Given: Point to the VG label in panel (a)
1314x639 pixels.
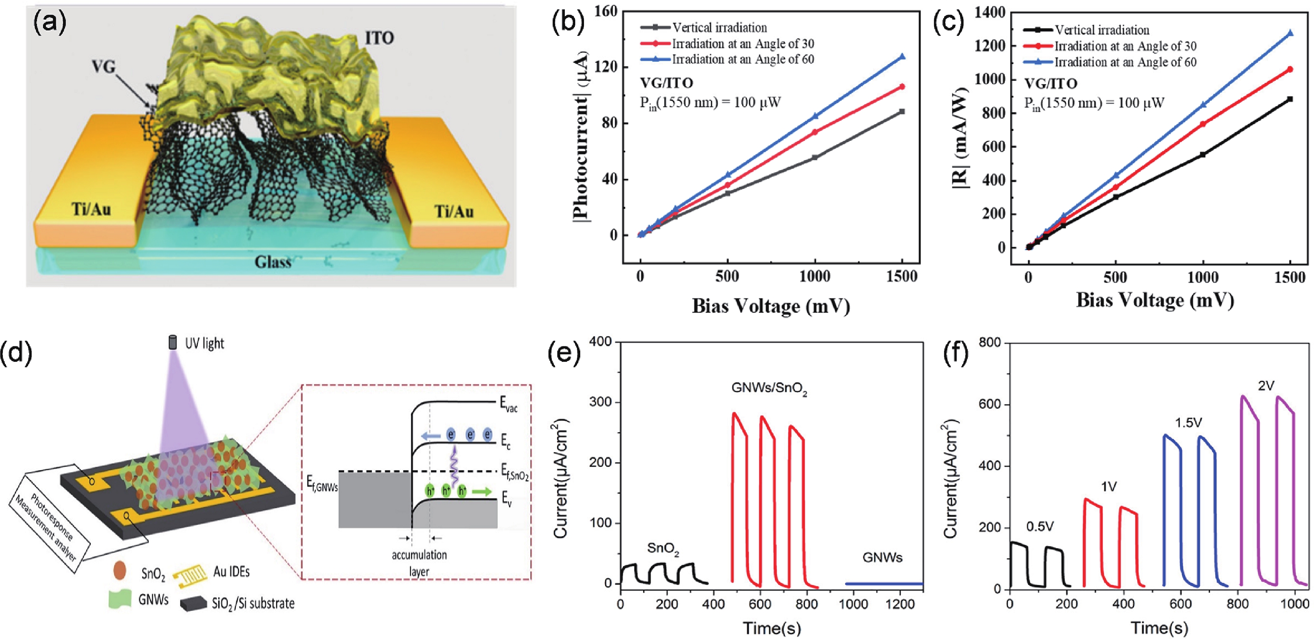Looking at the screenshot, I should [103, 67].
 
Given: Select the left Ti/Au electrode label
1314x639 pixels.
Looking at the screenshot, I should [91, 209].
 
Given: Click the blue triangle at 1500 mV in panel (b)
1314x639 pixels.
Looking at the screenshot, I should [902, 57].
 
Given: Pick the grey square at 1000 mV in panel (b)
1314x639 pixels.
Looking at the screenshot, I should [815, 157].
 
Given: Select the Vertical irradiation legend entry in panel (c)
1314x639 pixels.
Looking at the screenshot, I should [1102, 30].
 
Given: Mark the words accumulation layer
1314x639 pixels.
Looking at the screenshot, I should [419, 563].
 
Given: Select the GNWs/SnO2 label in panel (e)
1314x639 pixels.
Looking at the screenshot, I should [769, 389].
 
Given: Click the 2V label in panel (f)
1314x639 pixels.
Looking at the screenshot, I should [1266, 386].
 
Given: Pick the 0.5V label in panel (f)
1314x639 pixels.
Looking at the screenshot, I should [1040, 526].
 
